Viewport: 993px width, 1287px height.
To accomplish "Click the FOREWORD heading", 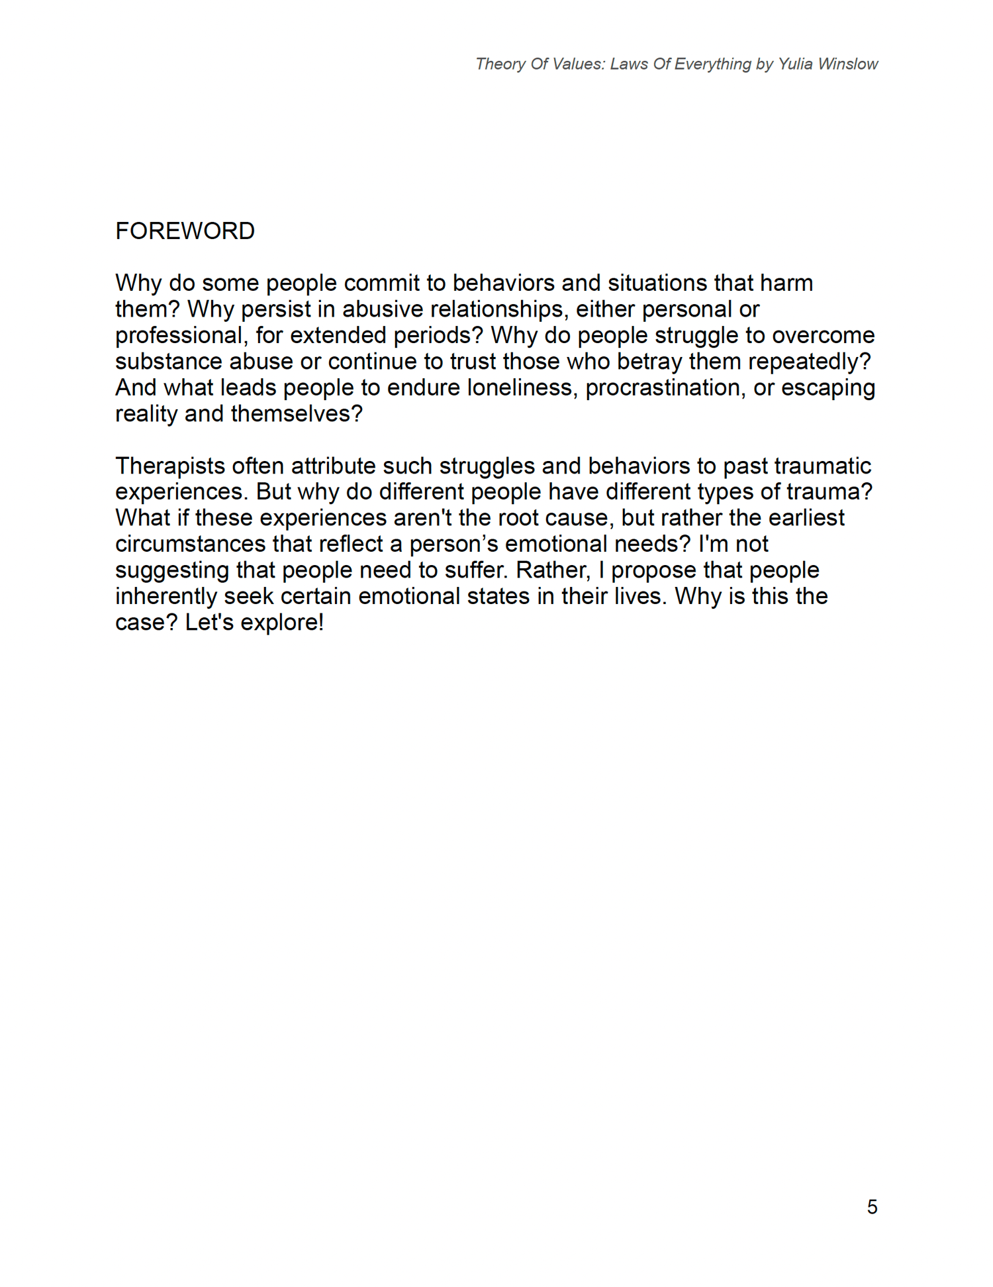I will coord(185,231).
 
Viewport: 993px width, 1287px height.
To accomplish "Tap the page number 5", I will coord(872,1207).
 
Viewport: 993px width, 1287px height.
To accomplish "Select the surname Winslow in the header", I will coord(848,64).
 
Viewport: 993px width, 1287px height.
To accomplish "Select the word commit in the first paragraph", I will coord(381,283).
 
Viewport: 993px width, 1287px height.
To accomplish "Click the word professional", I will coord(178,336).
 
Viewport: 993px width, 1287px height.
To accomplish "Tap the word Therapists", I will coord(170,466).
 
